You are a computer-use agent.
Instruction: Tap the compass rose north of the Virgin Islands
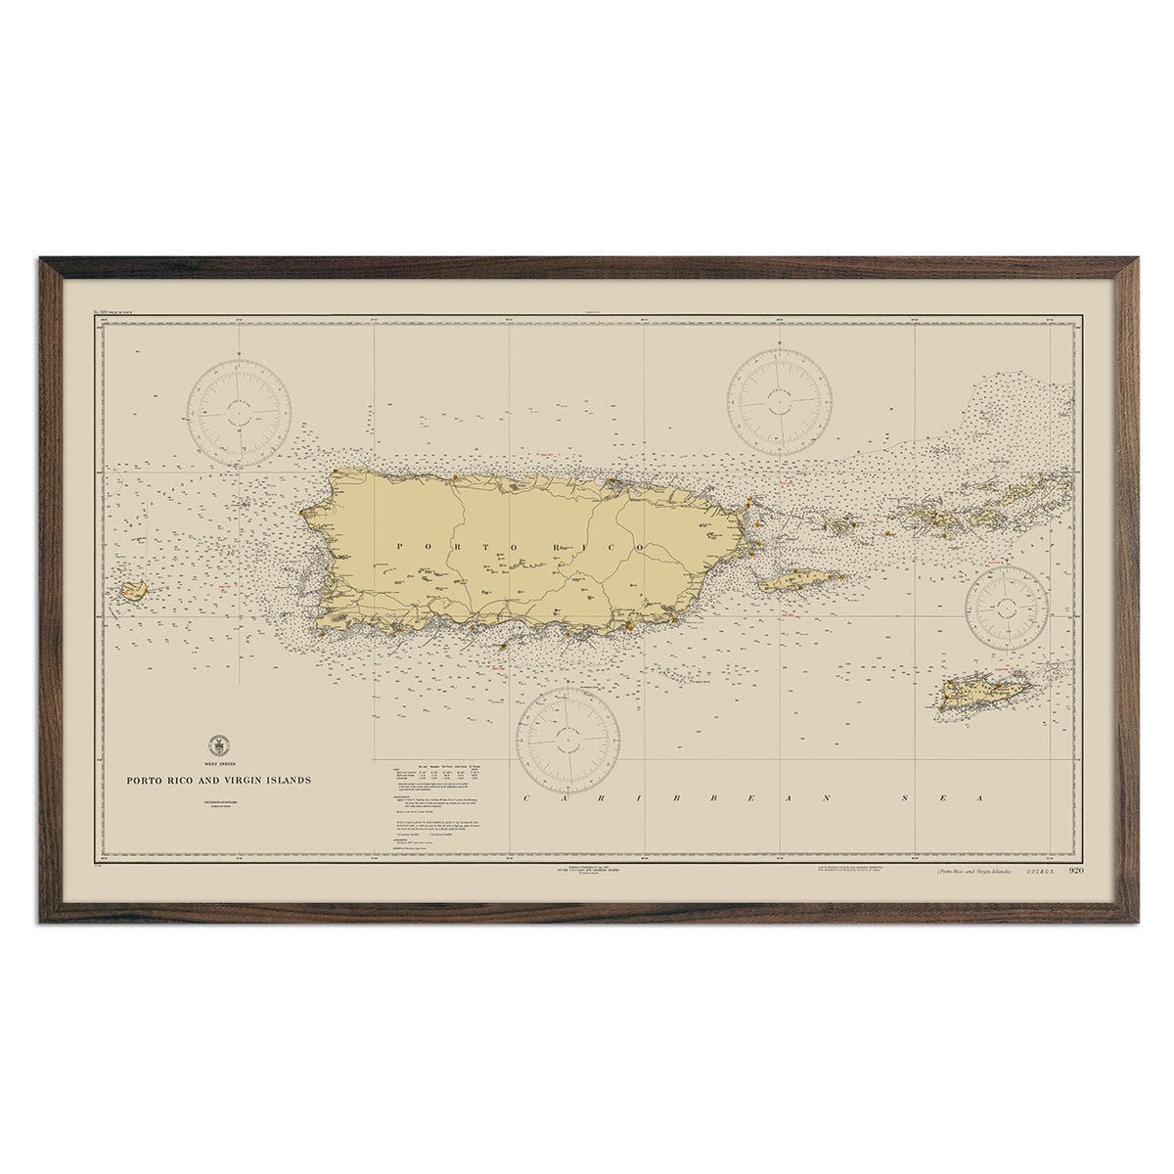point(780,399)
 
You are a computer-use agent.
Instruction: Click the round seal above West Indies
point(216,744)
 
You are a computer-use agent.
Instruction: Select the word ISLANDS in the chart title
point(285,781)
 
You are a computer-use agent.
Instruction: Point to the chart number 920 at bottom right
point(1076,871)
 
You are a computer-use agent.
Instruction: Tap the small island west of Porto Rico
point(130,590)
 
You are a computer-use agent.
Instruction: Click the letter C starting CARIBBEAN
point(527,799)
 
